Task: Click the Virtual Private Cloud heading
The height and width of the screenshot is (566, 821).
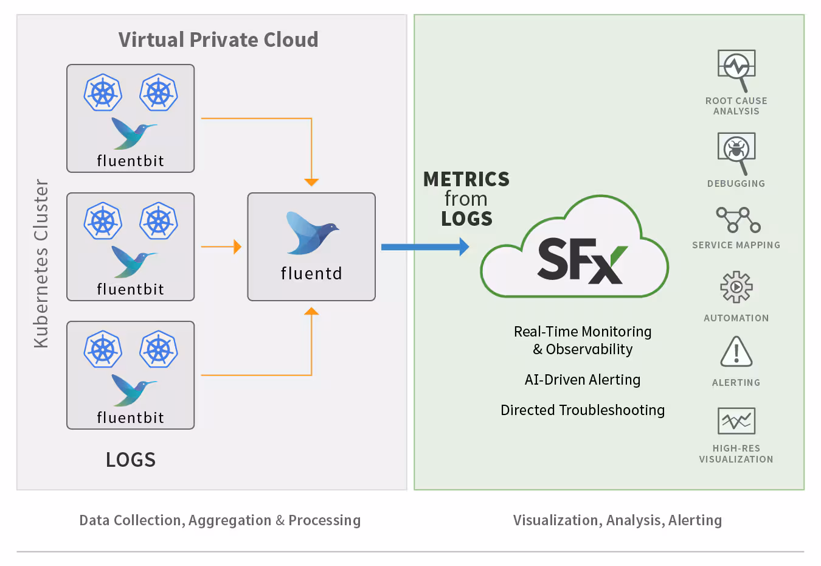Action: point(218,40)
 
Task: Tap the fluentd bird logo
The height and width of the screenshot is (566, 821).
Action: point(312,232)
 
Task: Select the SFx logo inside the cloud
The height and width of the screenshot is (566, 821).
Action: point(581,260)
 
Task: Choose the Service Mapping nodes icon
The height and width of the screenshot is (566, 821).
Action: point(737,220)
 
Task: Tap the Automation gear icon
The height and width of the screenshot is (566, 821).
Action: point(736,287)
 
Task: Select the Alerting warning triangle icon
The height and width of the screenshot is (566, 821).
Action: point(736,352)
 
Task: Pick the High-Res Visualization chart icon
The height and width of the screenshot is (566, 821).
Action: point(736,421)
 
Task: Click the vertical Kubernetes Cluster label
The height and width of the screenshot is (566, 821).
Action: point(41,263)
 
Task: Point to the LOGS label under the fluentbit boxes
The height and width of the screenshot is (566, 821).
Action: point(131,459)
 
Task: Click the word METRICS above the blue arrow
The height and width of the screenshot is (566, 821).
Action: point(466,179)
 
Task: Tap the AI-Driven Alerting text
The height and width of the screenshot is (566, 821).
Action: point(582,380)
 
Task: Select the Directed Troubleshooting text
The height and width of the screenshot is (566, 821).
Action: point(582,410)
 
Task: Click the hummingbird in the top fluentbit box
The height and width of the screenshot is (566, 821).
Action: point(133,133)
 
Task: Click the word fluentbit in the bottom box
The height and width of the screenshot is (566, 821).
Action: point(130,418)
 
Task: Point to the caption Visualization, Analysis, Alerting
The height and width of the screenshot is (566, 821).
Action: point(617,520)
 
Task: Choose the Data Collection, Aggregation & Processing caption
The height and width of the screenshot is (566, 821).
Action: point(220,520)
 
